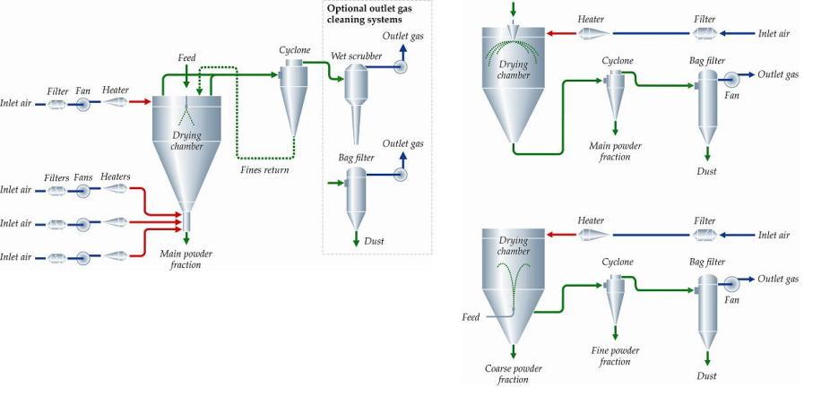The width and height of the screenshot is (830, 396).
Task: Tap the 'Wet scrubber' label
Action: coord(357,56)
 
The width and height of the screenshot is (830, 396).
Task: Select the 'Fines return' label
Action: coord(264,169)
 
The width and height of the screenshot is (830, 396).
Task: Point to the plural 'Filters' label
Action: coord(56,177)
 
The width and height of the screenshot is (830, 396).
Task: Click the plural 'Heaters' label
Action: coord(116,176)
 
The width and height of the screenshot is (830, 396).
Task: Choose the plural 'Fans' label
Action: coord(83,177)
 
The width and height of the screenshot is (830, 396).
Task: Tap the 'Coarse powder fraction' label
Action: coord(513,374)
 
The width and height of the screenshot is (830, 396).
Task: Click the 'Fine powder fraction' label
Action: coord(615,356)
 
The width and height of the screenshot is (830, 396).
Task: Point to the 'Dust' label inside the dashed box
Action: coord(375,242)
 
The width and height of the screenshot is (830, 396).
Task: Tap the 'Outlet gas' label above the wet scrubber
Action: coord(403,35)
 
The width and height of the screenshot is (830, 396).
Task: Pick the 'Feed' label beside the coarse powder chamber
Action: coord(471,317)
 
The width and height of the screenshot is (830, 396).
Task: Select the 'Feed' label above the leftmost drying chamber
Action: coord(186,57)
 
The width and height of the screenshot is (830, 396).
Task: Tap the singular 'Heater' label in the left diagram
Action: coord(115,90)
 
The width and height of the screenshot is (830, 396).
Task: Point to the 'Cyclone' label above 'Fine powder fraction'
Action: coord(617,262)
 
